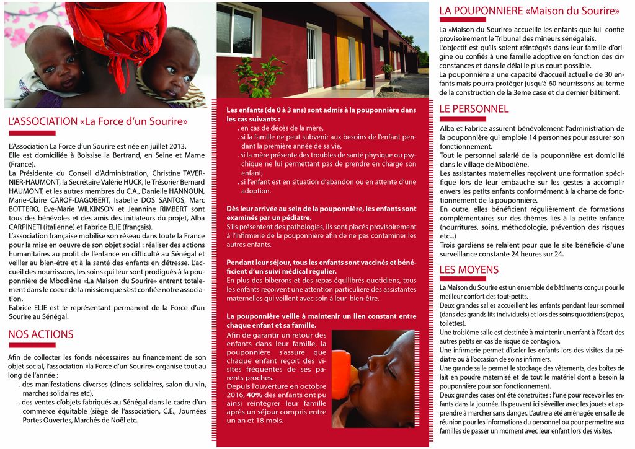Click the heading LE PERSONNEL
point(474,109)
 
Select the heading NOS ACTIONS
point(41,334)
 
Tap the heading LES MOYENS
point(469,270)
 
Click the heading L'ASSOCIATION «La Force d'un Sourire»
point(98,121)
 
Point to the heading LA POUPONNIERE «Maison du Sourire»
point(529,11)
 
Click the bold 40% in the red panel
point(254,395)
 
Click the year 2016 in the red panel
point(236,395)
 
